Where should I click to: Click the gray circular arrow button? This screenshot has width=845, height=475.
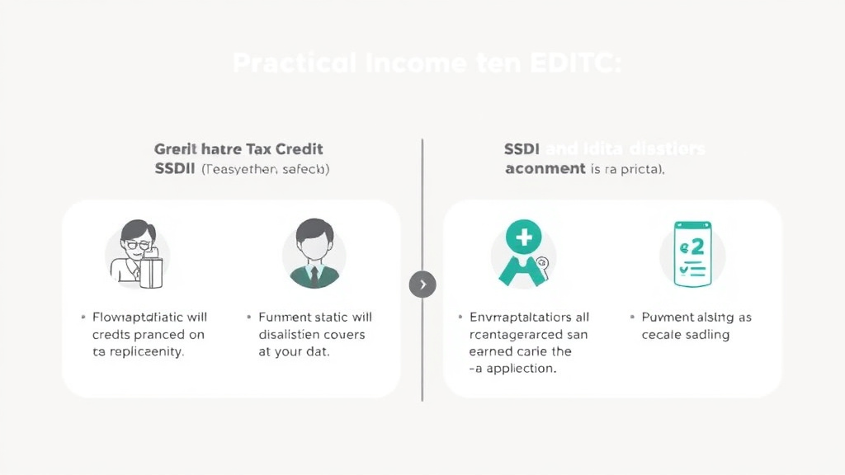(x=422, y=285)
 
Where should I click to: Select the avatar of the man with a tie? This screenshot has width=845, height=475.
(x=314, y=252)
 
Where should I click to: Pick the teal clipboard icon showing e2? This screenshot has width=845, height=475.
(x=692, y=254)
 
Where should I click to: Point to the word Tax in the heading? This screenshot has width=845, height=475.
(x=256, y=149)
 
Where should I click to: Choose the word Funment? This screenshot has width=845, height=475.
(x=285, y=317)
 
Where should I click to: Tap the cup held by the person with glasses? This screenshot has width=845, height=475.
(x=151, y=272)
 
